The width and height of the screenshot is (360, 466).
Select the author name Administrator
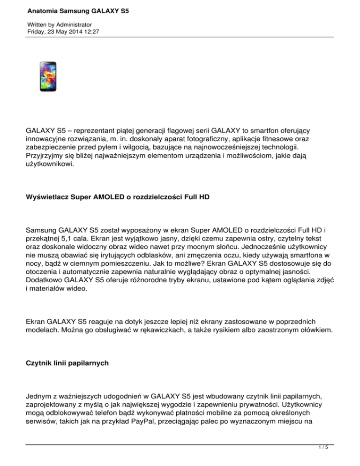[72, 24]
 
